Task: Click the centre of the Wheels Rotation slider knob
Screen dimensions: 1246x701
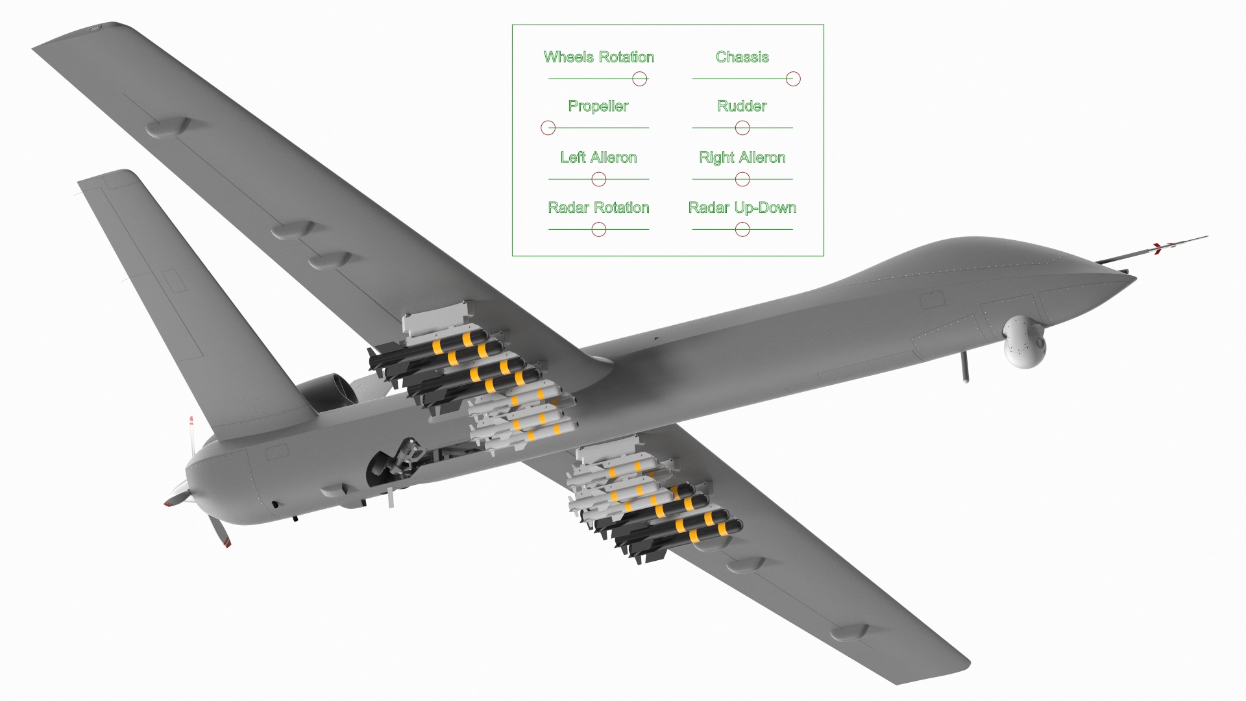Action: [x=640, y=79]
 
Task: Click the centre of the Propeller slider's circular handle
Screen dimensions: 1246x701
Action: [x=548, y=128]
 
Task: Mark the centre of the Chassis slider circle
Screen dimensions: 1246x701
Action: [x=793, y=79]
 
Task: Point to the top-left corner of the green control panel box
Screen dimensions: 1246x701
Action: [x=513, y=25]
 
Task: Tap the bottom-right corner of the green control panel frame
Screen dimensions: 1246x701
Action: [x=824, y=256]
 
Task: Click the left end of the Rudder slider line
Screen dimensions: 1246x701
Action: [x=692, y=128]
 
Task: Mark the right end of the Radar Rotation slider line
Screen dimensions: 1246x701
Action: [x=649, y=229]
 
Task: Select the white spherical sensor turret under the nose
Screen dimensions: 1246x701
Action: [x=1025, y=342]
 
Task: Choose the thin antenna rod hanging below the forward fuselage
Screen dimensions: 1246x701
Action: [x=965, y=367]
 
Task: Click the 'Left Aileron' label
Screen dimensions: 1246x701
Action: [x=598, y=158]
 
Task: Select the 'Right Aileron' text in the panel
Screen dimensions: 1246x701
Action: [x=742, y=158]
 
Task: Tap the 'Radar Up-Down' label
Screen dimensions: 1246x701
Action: [x=742, y=208]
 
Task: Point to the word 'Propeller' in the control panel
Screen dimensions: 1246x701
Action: [x=598, y=106]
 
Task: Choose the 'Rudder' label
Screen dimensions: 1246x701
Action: [x=742, y=106]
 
